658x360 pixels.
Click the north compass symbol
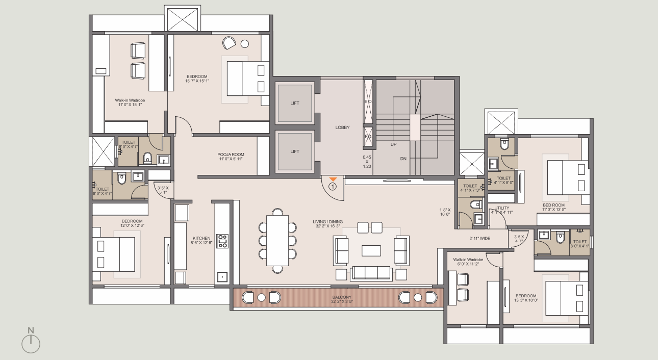31,343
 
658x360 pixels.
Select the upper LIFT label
295,103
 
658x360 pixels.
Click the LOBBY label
342,127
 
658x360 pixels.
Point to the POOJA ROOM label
231,157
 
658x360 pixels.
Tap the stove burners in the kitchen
222,241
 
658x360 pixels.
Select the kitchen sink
222,277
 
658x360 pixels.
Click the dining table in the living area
277,240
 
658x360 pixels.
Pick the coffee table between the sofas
371,250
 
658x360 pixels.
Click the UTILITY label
501,208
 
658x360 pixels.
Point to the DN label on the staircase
403,159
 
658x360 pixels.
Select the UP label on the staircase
393,144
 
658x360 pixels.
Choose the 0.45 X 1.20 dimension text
367,162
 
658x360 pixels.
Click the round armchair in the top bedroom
229,43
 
